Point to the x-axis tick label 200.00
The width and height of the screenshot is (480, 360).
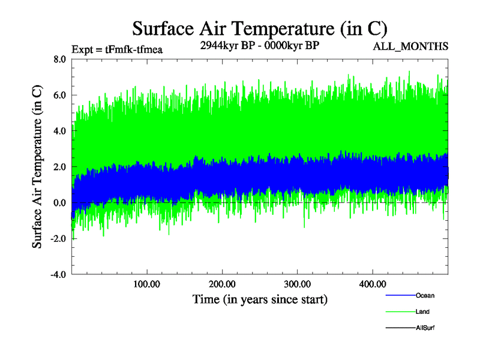coord(222,284)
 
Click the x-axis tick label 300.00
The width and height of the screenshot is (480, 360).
coord(297,284)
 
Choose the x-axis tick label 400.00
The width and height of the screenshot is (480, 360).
coord(372,284)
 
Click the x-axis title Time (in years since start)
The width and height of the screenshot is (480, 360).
coord(260,298)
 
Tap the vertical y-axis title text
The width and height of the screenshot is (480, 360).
coord(37,167)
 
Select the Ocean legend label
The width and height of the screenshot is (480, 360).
coord(425,295)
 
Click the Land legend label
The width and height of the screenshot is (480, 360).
coord(422,311)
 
